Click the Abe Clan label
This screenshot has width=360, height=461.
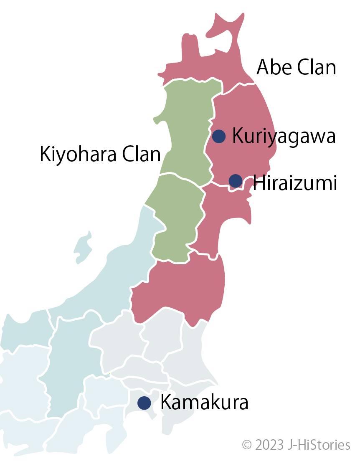(x=296, y=67)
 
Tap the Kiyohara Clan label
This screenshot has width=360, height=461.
(x=100, y=155)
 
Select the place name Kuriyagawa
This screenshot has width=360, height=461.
(x=284, y=136)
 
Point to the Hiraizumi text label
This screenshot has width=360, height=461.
(x=295, y=183)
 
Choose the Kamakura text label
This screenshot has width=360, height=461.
(x=204, y=403)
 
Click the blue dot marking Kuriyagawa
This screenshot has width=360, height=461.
(x=219, y=136)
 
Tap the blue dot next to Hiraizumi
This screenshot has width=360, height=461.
(x=236, y=181)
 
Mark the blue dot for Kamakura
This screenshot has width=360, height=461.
(x=144, y=403)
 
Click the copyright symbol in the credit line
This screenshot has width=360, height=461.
(x=247, y=445)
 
